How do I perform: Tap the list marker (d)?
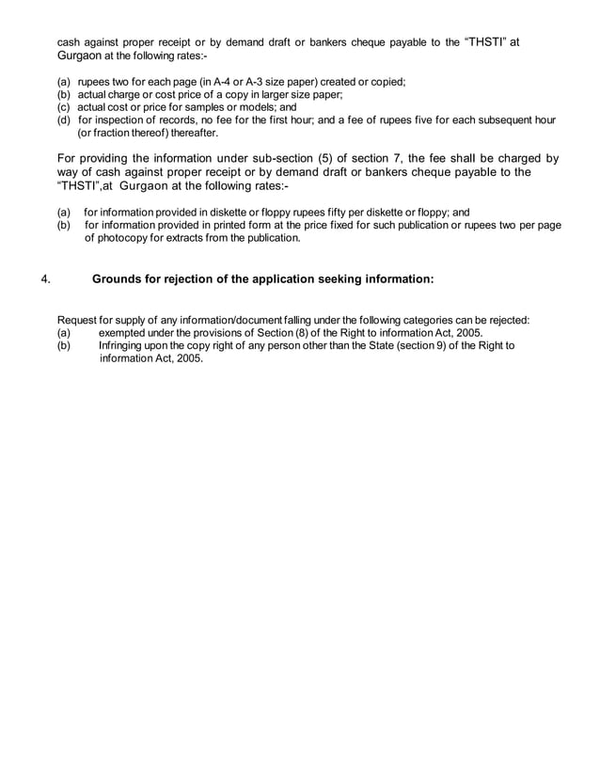click(64, 121)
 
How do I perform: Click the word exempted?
click(124, 333)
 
